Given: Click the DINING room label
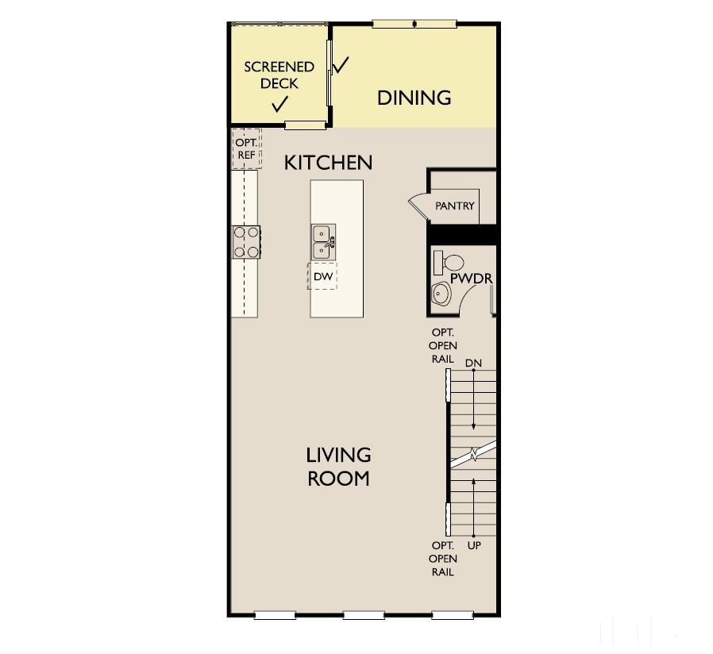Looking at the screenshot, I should tap(414, 98).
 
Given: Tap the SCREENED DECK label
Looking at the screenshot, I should tap(279, 75).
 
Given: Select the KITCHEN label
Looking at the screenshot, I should tap(328, 163).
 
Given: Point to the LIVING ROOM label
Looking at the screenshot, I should tap(338, 466).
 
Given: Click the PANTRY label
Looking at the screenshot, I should tap(455, 206).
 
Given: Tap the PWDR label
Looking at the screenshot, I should tap(472, 279).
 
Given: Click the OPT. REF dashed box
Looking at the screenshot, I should tap(246, 148).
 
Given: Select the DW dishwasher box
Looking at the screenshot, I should tap(322, 276).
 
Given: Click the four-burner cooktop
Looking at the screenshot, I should tap(246, 241).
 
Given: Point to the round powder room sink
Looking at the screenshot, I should tap(441, 294).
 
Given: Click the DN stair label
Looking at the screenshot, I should tap(473, 363).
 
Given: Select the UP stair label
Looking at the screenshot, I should tap(474, 546).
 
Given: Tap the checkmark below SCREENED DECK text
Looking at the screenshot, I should tap(279, 104).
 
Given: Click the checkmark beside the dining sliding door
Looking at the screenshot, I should tap(341, 65).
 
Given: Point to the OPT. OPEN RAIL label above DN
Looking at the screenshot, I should tap(442, 345).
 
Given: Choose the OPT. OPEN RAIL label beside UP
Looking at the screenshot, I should tap(442, 559).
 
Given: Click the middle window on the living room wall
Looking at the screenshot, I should tap(364, 614).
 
